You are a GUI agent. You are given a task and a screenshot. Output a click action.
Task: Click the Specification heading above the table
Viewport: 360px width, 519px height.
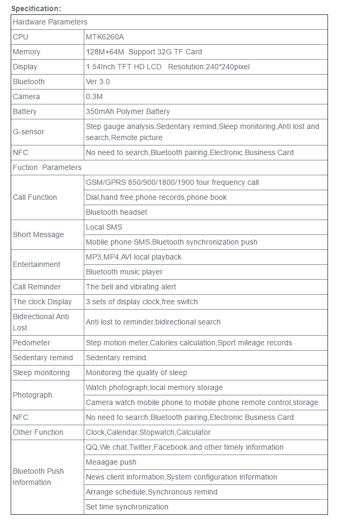[x=36, y=8]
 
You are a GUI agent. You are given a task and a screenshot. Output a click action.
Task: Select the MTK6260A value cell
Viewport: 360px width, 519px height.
[x=105, y=37]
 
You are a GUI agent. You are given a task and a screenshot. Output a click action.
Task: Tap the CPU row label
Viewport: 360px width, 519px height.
[x=21, y=37]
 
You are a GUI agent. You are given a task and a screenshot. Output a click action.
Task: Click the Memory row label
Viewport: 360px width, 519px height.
[x=27, y=52]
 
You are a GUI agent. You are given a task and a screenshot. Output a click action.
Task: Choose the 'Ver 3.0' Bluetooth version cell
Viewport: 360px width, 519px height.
[x=98, y=82]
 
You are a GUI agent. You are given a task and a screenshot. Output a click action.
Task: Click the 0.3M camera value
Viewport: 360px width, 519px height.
[x=94, y=96]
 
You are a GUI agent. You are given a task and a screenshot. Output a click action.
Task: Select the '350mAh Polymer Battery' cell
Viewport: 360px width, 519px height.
[x=128, y=111]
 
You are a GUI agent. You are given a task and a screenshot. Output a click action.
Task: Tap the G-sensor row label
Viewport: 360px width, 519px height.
[x=29, y=132]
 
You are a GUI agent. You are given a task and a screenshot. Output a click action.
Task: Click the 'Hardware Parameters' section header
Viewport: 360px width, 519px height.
[x=50, y=22]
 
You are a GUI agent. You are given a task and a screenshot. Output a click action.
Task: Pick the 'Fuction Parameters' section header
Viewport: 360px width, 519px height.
[x=47, y=167]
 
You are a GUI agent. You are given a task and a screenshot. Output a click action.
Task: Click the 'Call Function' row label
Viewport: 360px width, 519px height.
[x=35, y=197]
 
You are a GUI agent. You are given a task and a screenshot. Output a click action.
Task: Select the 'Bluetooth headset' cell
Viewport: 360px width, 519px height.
[x=116, y=212]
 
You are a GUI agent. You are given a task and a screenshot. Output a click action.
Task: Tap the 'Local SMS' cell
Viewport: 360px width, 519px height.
[x=104, y=227]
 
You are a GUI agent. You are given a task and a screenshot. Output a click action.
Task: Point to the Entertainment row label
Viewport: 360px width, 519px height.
[x=36, y=264]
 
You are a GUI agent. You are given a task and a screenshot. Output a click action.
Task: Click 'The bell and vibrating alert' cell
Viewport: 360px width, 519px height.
[x=131, y=287]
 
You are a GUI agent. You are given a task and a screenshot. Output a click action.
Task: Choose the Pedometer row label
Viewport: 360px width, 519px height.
[x=31, y=343]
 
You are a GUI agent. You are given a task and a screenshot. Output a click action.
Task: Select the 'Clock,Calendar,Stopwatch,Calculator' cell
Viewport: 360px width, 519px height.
[x=148, y=432]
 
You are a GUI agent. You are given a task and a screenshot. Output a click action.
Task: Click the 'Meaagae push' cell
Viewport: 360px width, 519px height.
[x=111, y=462]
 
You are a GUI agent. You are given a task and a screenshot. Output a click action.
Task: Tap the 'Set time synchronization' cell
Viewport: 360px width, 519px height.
[x=127, y=507]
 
